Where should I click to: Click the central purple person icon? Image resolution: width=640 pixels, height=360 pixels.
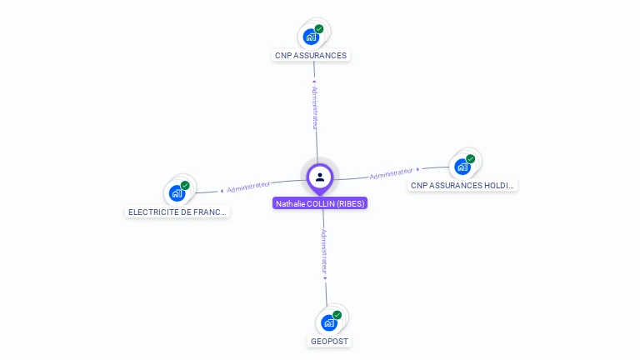click(320, 177)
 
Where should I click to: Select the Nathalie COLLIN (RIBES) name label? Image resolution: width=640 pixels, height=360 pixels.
click(320, 203)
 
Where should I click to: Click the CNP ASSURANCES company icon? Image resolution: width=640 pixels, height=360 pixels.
click(311, 37)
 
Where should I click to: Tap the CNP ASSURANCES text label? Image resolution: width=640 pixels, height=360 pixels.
click(311, 56)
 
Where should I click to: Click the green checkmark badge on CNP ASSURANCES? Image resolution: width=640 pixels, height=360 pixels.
click(319, 29)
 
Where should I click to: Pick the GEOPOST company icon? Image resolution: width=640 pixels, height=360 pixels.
click(329, 322)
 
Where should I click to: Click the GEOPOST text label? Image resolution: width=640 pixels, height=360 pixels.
click(329, 342)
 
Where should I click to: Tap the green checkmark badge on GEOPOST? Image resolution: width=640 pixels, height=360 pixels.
click(337, 315)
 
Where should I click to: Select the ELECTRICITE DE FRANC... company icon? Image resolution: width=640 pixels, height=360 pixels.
click(177, 193)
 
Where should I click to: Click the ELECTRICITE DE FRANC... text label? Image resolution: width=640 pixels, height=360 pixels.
click(177, 212)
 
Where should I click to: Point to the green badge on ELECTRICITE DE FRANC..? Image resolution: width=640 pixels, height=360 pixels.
click(185, 185)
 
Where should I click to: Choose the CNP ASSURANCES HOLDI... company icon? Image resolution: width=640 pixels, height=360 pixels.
click(462, 166)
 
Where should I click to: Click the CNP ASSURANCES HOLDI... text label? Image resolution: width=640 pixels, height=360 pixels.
click(463, 185)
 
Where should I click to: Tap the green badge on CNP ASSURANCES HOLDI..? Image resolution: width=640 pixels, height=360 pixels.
click(471, 158)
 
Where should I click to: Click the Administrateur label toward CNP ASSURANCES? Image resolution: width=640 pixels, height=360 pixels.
click(315, 107)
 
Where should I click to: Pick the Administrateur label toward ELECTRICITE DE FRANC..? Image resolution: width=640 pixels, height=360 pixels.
click(248, 186)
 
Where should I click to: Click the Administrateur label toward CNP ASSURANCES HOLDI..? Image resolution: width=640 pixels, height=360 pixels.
click(392, 173)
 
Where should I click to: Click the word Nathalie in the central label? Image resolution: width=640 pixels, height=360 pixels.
click(291, 203)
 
